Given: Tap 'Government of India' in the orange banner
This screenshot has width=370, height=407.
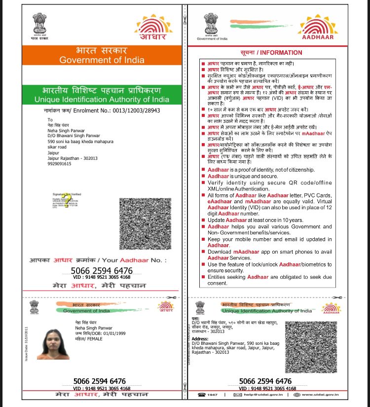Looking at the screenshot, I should click(x=102, y=60).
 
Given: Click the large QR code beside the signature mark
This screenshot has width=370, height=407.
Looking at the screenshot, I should click(x=145, y=223).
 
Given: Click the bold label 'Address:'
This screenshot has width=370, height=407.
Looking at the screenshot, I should click(x=200, y=339).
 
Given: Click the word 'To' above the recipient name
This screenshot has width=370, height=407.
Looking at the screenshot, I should click(x=50, y=120).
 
